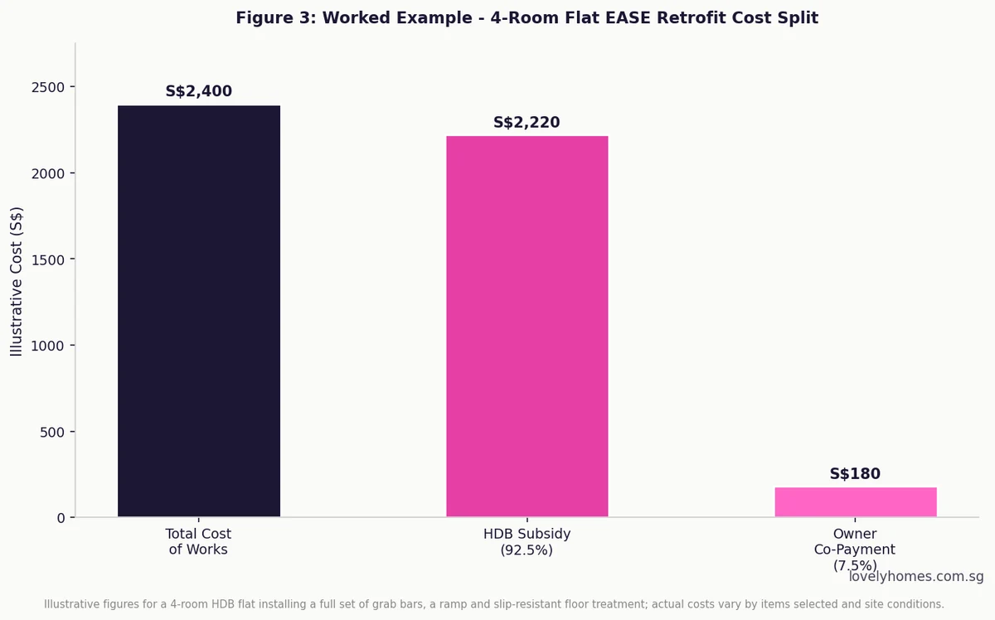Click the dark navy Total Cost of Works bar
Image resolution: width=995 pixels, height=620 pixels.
(198, 311)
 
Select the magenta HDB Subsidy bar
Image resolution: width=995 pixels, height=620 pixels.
(527, 327)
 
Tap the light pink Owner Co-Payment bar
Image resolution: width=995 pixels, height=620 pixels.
(856, 501)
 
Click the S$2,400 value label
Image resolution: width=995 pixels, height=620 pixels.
(198, 91)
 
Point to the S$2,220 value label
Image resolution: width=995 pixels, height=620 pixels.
(527, 122)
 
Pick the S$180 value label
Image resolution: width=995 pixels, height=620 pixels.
(855, 473)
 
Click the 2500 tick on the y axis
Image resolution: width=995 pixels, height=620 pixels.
(48, 88)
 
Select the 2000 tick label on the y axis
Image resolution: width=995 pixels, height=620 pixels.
(48, 174)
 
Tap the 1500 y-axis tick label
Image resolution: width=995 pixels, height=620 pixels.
(48, 259)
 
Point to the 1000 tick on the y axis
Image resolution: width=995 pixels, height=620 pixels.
(48, 346)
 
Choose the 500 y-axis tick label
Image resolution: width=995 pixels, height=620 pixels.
(52, 432)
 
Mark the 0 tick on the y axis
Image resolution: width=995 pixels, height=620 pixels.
(61, 518)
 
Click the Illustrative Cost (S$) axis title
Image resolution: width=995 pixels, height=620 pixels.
(17, 282)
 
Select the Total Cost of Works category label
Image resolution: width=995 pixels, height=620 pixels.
(198, 541)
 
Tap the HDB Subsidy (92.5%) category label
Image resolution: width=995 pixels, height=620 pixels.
(527, 542)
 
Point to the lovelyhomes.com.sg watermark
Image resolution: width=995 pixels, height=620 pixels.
(916, 576)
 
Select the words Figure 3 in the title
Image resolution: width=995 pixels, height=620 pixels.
(274, 17)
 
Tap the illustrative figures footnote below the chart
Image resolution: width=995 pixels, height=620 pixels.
(494, 604)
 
